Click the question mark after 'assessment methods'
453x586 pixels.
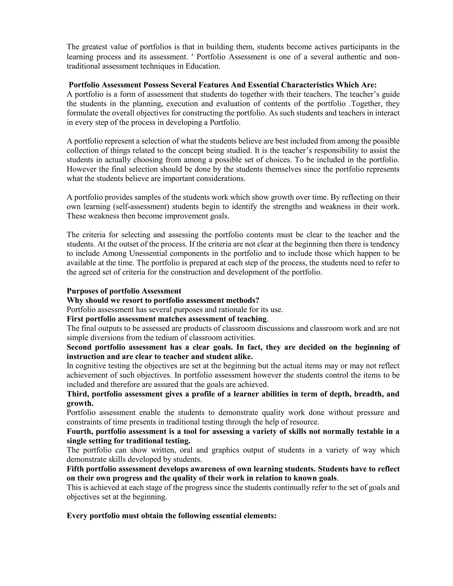click(x=258, y=300)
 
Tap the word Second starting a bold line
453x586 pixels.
click(x=79, y=347)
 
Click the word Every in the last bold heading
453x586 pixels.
click(x=77, y=516)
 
